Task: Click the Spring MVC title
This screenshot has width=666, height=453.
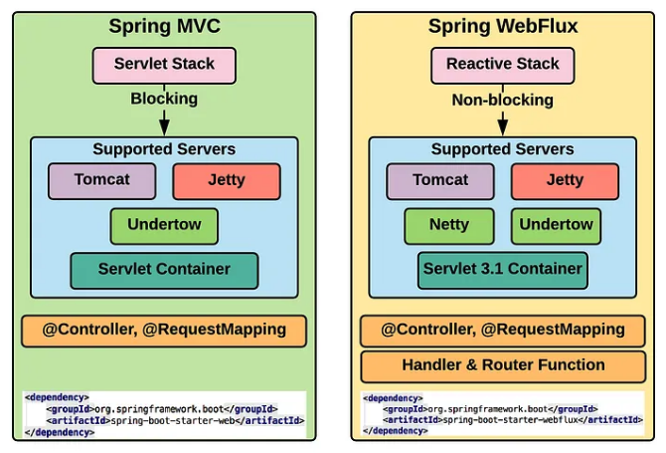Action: (164, 26)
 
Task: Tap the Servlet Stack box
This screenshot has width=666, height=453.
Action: (164, 65)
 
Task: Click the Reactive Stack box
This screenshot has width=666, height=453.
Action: (502, 65)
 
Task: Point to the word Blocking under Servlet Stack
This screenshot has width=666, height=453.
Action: (164, 99)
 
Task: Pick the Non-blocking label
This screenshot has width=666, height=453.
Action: (502, 100)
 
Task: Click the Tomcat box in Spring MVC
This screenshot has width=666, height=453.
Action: (102, 181)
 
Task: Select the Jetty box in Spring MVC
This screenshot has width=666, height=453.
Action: (227, 181)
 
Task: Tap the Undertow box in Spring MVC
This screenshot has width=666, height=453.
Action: (164, 226)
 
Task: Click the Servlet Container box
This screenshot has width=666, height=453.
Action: (164, 270)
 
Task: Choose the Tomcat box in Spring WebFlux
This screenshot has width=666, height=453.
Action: (440, 181)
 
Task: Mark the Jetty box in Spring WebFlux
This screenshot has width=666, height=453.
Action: (565, 181)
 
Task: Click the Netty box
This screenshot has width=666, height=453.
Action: (448, 226)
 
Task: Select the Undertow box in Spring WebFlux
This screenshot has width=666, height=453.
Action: (556, 226)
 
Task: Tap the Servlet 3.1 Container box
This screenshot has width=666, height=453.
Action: (502, 270)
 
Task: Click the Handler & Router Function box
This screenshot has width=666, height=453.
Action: (502, 365)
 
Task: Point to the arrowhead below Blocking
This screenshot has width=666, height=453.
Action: (164, 126)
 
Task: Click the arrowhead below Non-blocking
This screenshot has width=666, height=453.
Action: (502, 126)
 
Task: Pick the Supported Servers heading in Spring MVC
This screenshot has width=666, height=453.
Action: (164, 149)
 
